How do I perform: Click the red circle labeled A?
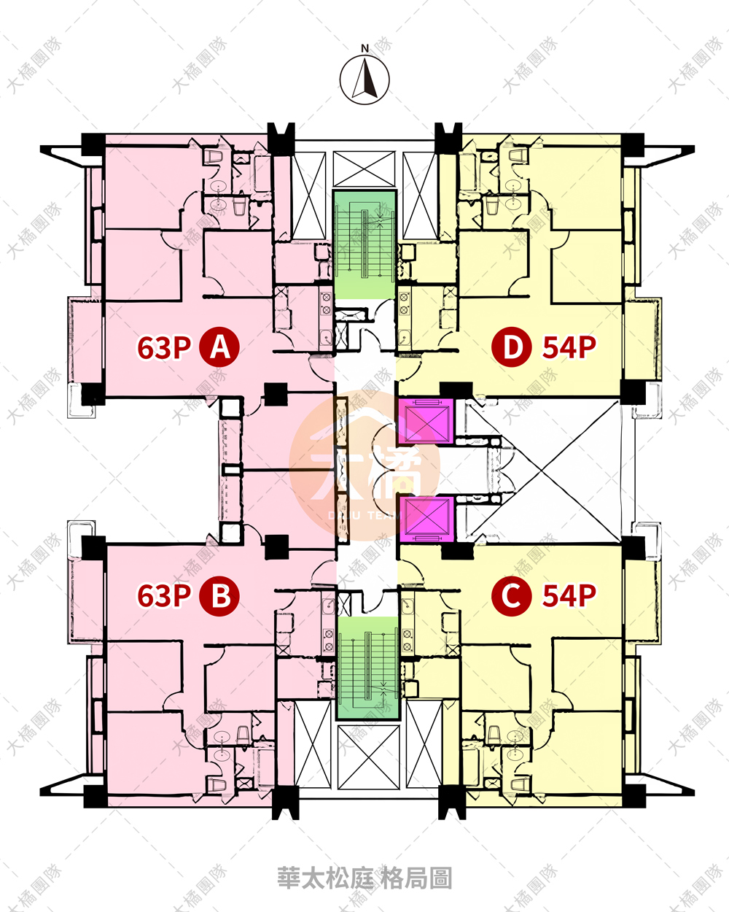point(219,347)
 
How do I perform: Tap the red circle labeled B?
point(219,595)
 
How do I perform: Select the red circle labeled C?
point(511,595)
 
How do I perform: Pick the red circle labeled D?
point(511,347)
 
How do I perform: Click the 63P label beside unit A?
point(164,347)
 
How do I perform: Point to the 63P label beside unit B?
point(164,596)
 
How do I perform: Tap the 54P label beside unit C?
point(569,596)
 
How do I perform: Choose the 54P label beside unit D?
point(569,347)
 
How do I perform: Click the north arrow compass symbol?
point(364,80)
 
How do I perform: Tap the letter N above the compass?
point(364,49)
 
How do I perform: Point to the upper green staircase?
point(364,245)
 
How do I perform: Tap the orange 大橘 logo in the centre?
point(364,465)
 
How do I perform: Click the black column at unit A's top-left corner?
point(93,144)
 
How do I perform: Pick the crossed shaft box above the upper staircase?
point(364,169)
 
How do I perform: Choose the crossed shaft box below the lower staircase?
point(369,757)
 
